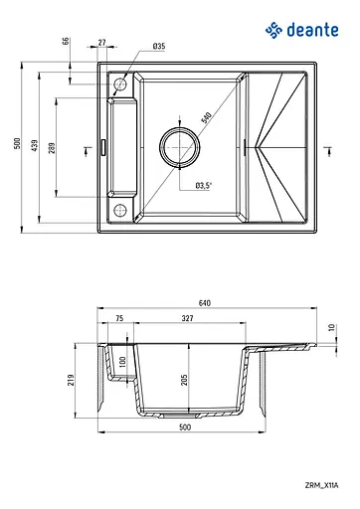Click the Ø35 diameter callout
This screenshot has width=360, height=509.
point(159,47)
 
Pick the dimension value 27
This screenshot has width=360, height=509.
point(103,42)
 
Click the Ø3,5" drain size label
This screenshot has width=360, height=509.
point(206,185)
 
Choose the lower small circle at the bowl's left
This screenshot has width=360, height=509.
point(120,208)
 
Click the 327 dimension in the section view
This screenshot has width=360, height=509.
point(188,320)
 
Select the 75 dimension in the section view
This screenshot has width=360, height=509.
point(119,320)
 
